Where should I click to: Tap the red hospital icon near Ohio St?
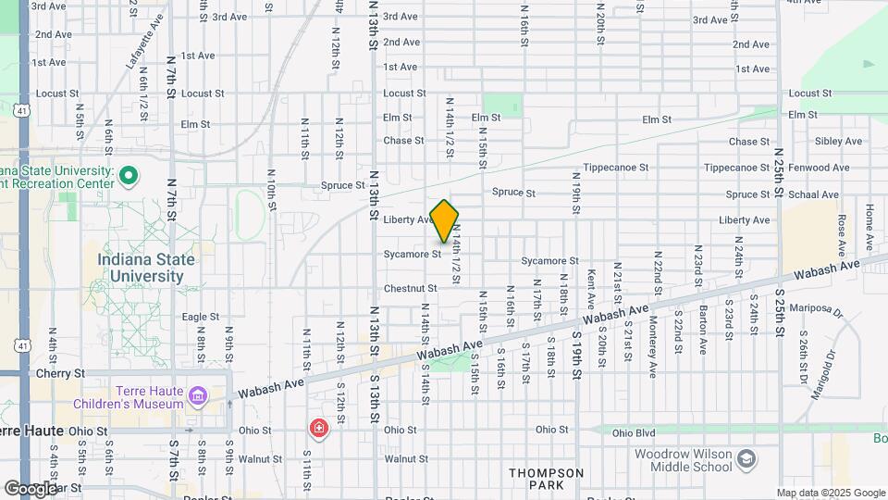[x=318, y=429]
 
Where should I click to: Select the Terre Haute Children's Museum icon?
[x=196, y=397]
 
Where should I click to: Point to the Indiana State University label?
[x=146, y=268]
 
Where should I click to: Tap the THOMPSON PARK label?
[x=546, y=479]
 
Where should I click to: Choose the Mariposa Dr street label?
[x=824, y=310]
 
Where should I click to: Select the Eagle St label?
[x=200, y=317]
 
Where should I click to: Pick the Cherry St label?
[x=60, y=373]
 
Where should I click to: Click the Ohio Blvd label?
[x=633, y=431]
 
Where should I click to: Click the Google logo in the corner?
[x=30, y=488]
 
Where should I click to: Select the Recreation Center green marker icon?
[x=129, y=175]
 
